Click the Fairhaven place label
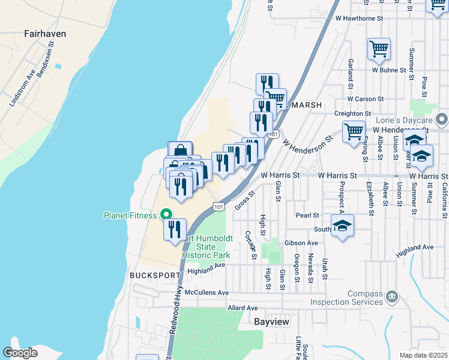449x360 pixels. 45,34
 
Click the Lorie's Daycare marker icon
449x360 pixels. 442,118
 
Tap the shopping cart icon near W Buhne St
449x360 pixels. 379,49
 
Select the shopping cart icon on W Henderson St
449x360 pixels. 354,131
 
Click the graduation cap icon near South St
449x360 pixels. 342,226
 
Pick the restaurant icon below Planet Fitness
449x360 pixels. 175,230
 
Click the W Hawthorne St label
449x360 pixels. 359,19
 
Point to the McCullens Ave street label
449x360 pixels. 207,292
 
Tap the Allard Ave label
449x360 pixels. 243,308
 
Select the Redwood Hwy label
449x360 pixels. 178,312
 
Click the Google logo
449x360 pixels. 20,353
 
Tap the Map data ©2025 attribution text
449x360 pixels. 423,356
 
